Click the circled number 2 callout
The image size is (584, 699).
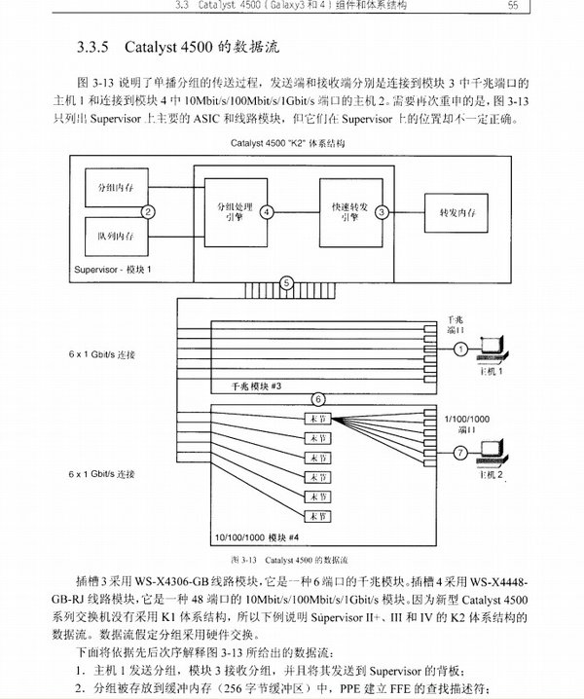[x=148, y=210]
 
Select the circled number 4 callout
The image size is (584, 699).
[x=266, y=210]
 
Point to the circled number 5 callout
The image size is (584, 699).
[x=286, y=282]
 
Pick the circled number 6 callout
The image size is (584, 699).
[x=317, y=399]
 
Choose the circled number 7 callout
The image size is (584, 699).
[x=461, y=453]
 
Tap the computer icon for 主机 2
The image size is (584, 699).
[x=496, y=450]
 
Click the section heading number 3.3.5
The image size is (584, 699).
[x=96, y=47]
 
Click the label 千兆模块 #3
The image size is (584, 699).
[x=256, y=386]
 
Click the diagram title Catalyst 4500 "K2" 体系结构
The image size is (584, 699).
[x=287, y=144]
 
